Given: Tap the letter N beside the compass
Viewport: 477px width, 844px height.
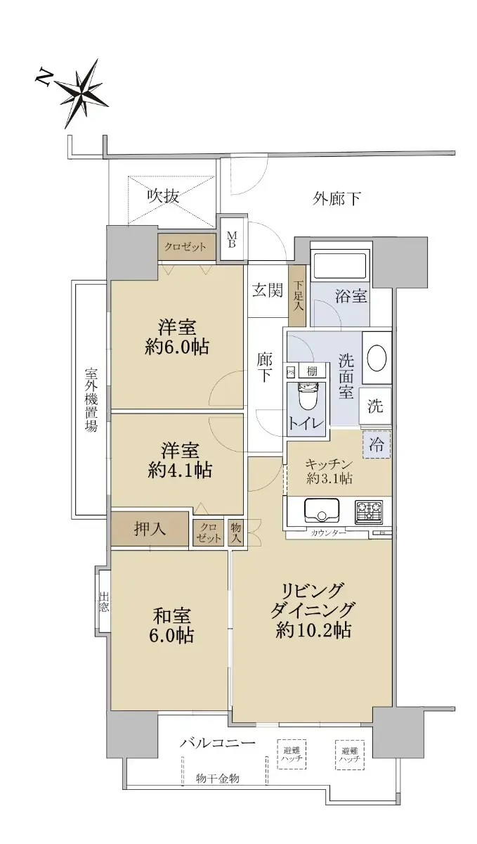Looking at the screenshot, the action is click(x=44, y=77).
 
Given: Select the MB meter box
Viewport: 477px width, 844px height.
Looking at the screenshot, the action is click(x=233, y=239).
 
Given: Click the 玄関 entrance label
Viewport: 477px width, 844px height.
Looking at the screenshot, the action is click(x=267, y=290).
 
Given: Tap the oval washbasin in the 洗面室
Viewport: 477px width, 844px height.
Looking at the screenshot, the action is click(x=377, y=358).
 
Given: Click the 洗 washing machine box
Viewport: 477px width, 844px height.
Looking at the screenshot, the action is click(x=375, y=406).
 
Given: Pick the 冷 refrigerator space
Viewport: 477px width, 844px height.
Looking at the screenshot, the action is click(x=377, y=445).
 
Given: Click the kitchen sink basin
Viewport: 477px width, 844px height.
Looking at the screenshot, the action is click(x=321, y=511).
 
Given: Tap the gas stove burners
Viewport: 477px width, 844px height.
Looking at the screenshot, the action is click(x=369, y=511).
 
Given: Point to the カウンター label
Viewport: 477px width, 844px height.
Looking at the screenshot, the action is click(x=328, y=533).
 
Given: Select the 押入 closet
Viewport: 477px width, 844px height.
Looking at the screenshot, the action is click(x=150, y=529).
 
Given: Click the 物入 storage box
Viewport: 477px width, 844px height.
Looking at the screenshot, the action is click(x=235, y=532).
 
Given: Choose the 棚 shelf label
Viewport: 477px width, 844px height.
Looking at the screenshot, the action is click(x=312, y=371).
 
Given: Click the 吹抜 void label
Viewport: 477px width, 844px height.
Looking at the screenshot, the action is click(x=163, y=196).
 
